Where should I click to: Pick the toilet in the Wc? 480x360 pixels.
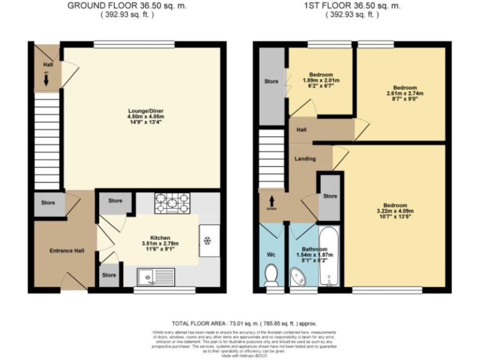coord(271,274)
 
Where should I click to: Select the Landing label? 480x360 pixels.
coord(305,159)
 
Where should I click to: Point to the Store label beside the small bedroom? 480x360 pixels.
coord(271,81)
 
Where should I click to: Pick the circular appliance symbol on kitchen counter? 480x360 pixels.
coord(207,240)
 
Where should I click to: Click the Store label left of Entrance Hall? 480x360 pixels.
coord(48,202)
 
